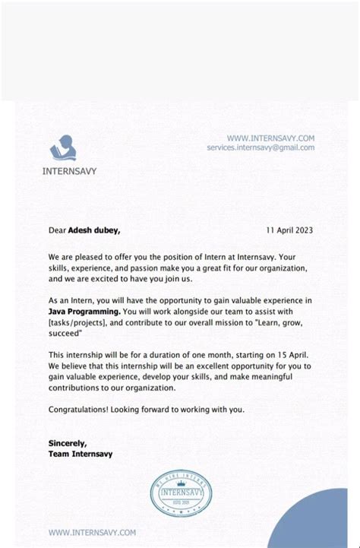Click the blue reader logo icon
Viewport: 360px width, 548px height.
[62, 147]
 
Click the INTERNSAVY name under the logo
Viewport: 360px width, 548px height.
[69, 171]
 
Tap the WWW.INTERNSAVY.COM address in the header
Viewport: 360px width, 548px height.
[270, 138]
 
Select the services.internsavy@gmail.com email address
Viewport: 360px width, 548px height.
[260, 147]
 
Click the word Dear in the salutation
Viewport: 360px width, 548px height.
[57, 230]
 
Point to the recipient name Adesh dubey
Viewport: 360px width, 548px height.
[94, 230]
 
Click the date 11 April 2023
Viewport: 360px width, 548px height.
[289, 230]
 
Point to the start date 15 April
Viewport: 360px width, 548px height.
[288, 355]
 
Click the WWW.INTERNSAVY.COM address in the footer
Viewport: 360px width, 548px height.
[92, 533]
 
